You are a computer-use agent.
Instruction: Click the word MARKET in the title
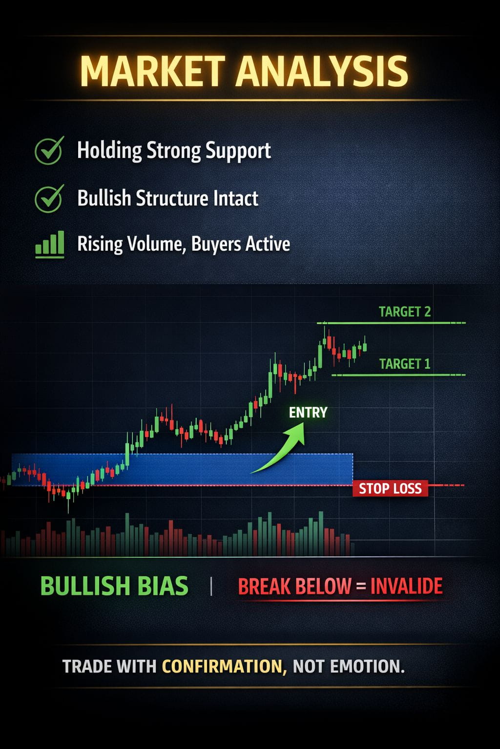152,71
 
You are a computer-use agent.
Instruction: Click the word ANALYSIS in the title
322,71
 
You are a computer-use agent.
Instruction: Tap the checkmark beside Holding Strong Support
49,150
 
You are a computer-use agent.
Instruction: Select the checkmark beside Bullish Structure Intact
49,198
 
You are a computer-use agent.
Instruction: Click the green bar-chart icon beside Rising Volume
50,244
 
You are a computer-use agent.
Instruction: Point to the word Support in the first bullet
238,151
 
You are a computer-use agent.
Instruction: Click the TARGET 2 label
405,312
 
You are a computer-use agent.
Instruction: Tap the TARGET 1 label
405,364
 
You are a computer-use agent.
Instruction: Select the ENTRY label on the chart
308,413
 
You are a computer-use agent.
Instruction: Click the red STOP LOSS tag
390,489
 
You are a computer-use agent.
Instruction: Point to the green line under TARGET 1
398,375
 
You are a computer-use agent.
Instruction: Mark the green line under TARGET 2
391,323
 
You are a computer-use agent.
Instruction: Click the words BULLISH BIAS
114,586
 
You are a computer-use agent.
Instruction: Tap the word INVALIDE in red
406,586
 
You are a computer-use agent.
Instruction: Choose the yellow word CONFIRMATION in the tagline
224,666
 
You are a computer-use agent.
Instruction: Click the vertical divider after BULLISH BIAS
211,587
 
